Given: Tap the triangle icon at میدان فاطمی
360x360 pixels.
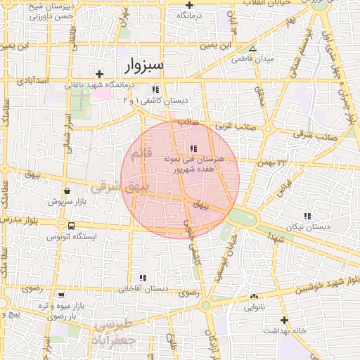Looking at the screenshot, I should (x=252, y=49).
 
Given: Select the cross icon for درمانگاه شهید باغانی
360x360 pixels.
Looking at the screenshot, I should (x=100, y=74).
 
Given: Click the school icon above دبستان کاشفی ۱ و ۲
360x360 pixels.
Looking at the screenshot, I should (x=155, y=90).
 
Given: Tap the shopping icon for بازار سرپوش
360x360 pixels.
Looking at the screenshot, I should (x=67, y=191).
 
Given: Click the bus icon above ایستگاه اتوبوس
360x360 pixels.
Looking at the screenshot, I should (x=72, y=226).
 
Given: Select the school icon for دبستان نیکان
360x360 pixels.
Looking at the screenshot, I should (x=307, y=216).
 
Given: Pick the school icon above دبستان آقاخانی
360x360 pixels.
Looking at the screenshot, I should (x=143, y=278).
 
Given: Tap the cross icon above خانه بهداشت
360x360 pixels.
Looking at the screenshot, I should (x=284, y=320).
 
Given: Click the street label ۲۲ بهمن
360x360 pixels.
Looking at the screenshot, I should (x=275, y=163).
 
